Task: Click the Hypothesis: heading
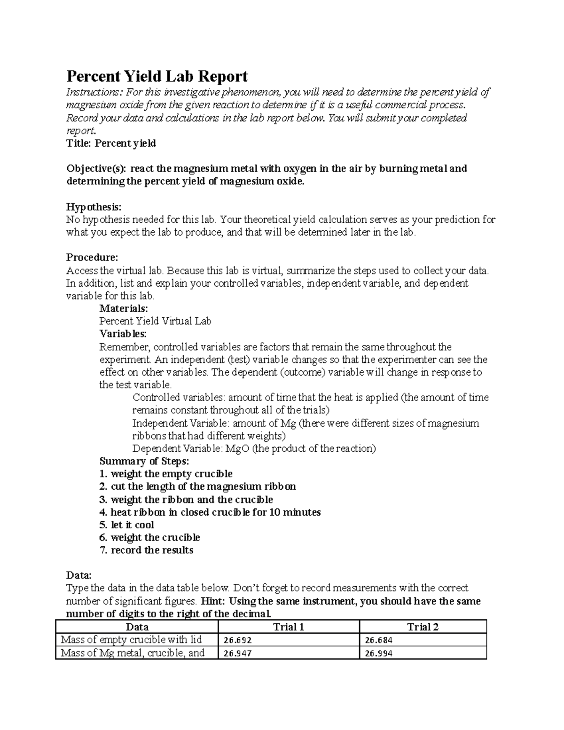pyautogui.click(x=94, y=207)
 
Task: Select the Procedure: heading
pyautogui.click(x=92, y=258)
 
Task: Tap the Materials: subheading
pyautogui.click(x=124, y=308)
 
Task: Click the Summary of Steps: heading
pyautogui.click(x=144, y=461)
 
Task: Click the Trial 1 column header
pyautogui.click(x=289, y=627)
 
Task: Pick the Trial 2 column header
pyautogui.click(x=423, y=627)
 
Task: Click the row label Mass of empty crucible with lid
pyautogui.click(x=132, y=639)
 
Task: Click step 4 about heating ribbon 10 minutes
pyautogui.click(x=210, y=512)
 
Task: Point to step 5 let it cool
pyautogui.click(x=127, y=525)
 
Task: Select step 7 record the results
pyautogui.click(x=147, y=550)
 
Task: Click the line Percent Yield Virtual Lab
pyautogui.click(x=155, y=321)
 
